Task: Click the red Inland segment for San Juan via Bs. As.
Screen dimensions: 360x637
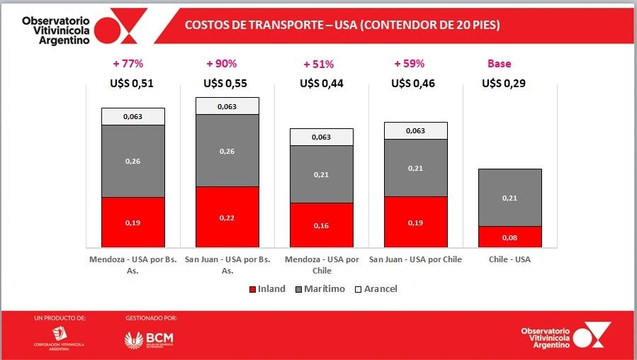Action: (227, 217)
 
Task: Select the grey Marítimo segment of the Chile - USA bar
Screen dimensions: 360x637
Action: (510, 198)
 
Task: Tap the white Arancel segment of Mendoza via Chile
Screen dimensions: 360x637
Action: (322, 137)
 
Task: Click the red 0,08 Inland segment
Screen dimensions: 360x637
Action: (510, 237)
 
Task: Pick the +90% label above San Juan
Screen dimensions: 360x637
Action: (221, 64)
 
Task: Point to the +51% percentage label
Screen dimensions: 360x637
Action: (318, 64)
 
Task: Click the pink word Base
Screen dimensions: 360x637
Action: (499, 64)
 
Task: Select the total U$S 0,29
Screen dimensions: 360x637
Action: (504, 84)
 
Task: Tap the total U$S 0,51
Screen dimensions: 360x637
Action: (132, 84)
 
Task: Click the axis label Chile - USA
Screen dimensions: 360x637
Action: (509, 259)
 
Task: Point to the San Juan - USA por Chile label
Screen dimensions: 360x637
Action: (415, 259)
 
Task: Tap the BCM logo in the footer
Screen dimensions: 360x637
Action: (149, 339)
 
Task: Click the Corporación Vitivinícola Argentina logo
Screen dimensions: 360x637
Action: (60, 337)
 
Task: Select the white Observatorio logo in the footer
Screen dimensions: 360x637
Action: (565, 335)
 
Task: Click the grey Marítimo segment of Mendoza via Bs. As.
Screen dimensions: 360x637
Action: (133, 162)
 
